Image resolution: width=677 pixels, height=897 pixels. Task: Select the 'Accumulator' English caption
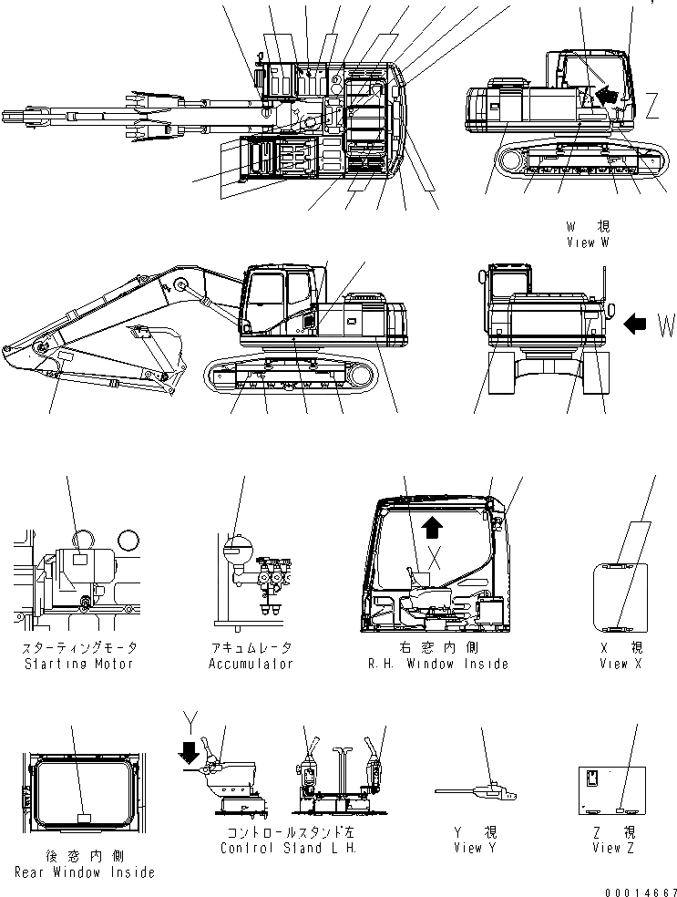click(x=251, y=664)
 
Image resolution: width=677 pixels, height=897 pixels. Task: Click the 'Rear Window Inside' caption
click(x=84, y=872)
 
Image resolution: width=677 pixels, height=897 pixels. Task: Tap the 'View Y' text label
click(x=474, y=849)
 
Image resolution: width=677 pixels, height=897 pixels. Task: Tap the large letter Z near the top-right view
click(x=652, y=108)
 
